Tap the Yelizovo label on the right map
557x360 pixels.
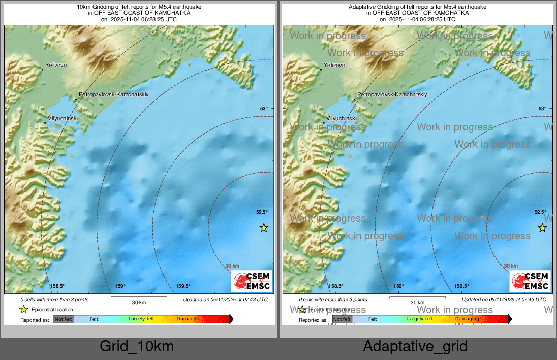tap(334, 66)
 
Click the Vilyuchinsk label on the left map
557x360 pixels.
tap(62, 118)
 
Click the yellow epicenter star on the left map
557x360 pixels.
tap(263, 227)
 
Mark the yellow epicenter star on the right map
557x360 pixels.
tap(542, 227)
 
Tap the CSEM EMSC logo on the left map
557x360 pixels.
tap(252, 281)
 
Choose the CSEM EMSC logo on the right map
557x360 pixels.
tap(530, 281)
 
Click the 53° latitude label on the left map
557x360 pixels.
tap(264, 108)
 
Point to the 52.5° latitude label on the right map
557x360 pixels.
tap(540, 212)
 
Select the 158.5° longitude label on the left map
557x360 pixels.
tap(57, 286)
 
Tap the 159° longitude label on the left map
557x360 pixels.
tap(120, 286)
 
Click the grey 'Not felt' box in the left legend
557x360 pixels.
tap(64, 319)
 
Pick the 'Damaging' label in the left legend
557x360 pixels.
tap(189, 319)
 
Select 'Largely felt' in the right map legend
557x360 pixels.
tap(419, 319)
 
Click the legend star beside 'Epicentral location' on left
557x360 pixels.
tap(23, 309)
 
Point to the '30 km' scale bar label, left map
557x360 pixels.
tap(139, 302)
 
